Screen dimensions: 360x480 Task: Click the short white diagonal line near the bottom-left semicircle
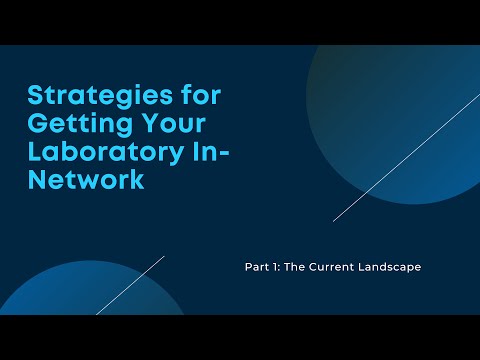click(x=130, y=286)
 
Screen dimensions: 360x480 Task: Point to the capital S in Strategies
click(x=37, y=98)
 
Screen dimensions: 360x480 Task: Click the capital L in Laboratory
click(x=35, y=154)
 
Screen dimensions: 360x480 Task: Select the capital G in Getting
click(x=38, y=126)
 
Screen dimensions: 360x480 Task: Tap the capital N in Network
click(x=38, y=182)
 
